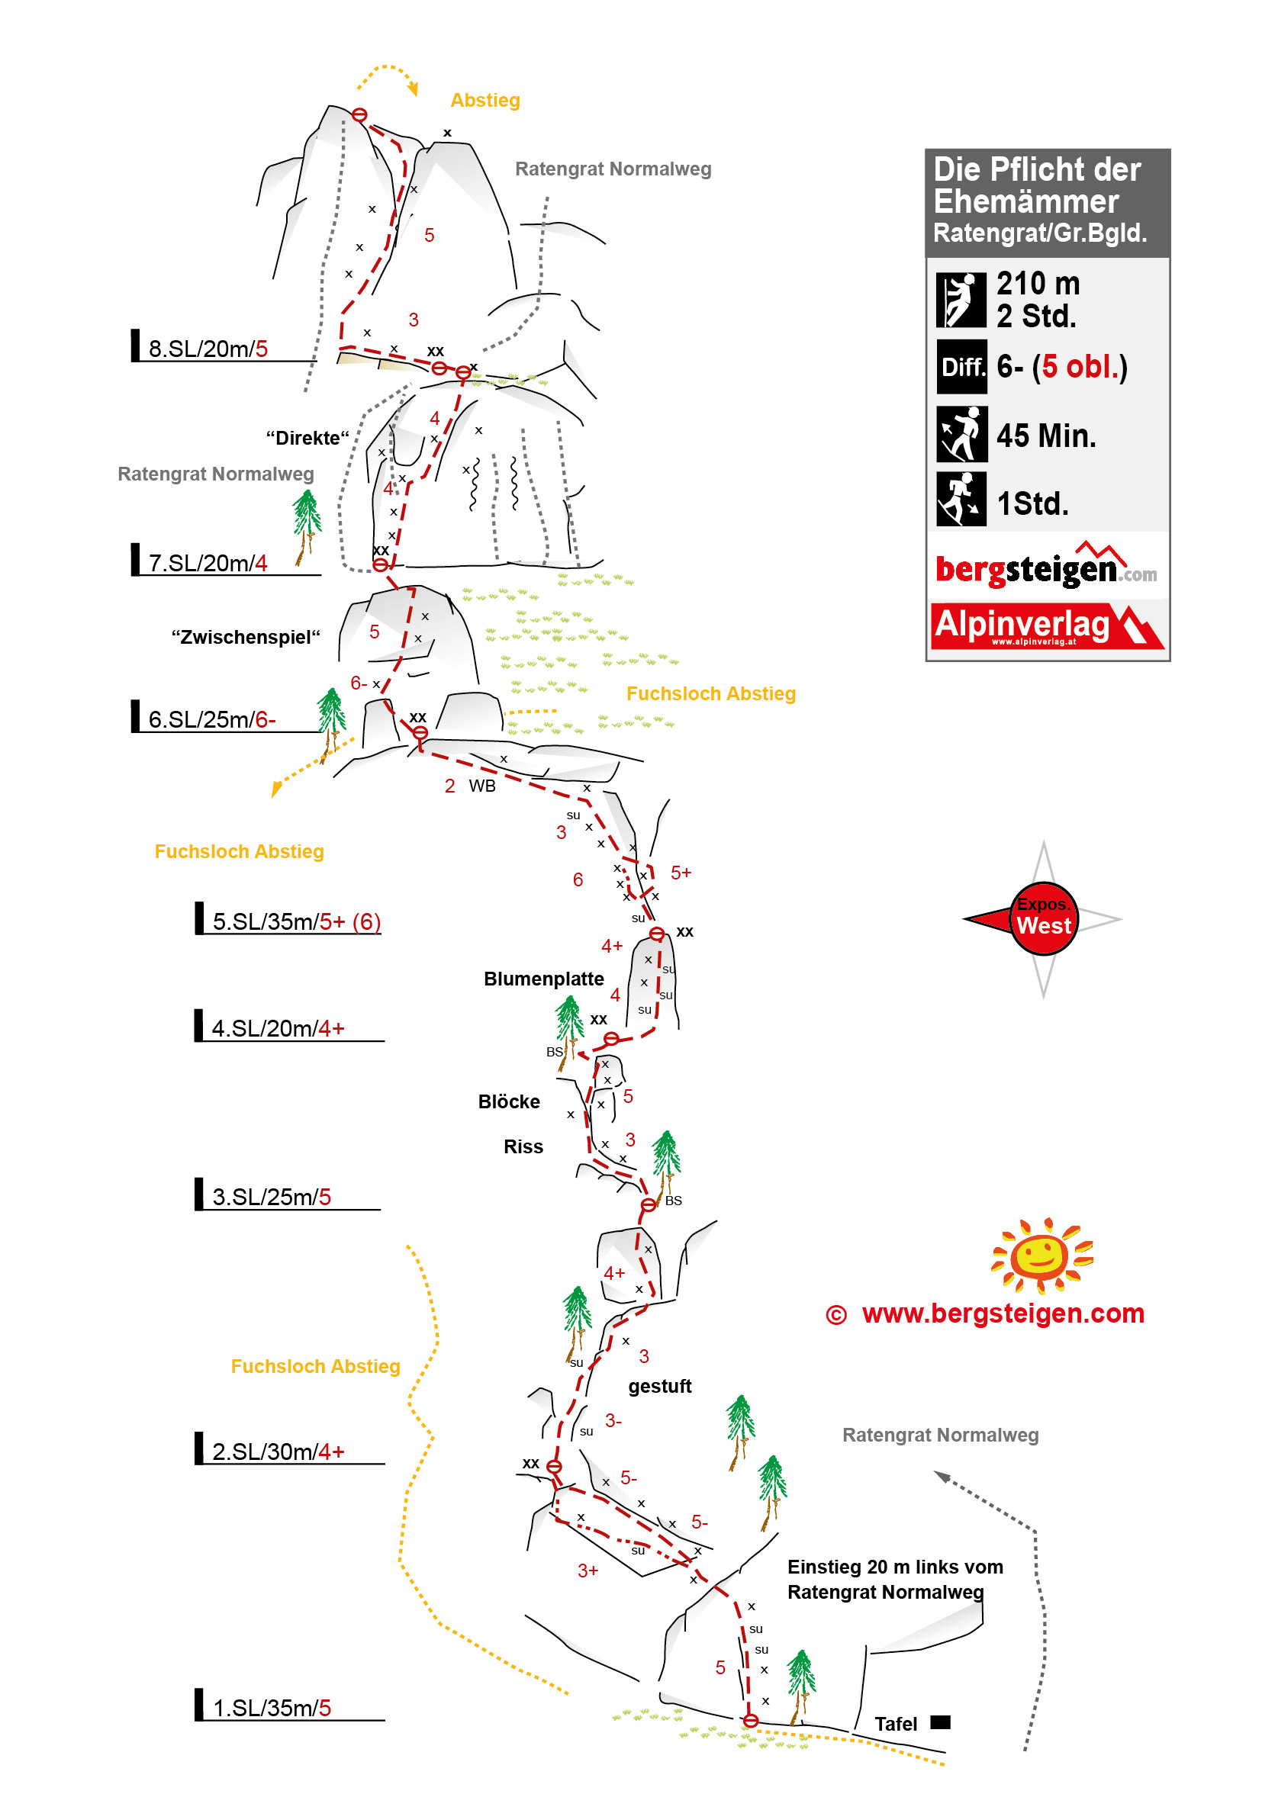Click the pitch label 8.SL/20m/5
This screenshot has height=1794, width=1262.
point(208,349)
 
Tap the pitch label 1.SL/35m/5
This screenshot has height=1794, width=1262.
point(271,1707)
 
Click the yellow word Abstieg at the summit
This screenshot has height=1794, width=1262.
point(485,100)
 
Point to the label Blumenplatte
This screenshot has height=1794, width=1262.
point(543,979)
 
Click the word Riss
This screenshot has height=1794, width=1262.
point(523,1146)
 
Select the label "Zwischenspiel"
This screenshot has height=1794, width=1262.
point(246,637)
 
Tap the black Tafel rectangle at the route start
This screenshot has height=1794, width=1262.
point(940,1722)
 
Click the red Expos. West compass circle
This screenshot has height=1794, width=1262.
point(1043,918)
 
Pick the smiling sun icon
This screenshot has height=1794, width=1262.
point(1041,1255)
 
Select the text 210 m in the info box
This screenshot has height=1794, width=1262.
point(1037,283)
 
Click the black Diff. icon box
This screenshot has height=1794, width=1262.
point(961,366)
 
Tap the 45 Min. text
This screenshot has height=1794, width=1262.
point(1045,436)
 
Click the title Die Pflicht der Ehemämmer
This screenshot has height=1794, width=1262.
point(1037,185)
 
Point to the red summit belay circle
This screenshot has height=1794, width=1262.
point(359,115)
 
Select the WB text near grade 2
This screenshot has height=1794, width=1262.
point(482,786)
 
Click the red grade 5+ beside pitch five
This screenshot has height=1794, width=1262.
point(681,872)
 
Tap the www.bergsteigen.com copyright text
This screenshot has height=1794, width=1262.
point(1003,1313)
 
